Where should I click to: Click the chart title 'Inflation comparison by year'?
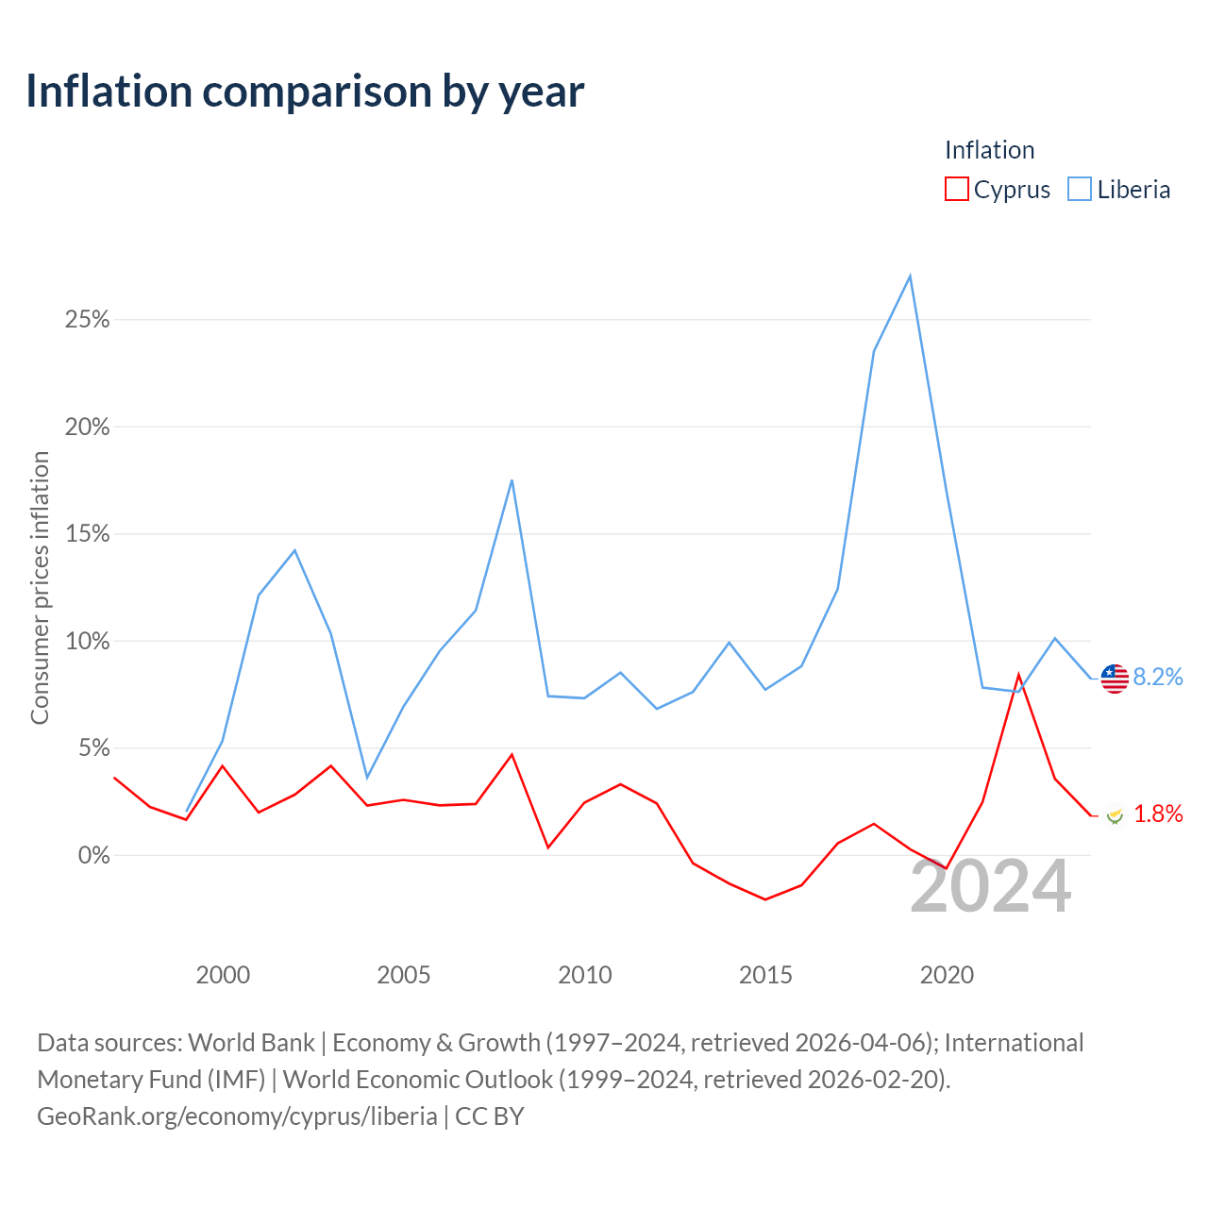point(305,92)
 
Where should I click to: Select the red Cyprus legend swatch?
point(956,189)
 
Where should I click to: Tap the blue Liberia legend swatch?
point(1079,189)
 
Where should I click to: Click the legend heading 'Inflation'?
point(989,150)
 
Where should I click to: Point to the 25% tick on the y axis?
point(87,320)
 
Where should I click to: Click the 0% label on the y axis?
point(94,855)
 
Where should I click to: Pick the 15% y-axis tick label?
point(87,534)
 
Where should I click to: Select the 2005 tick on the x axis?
point(403,975)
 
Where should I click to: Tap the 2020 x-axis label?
point(947,975)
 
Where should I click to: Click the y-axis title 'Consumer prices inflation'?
point(40,587)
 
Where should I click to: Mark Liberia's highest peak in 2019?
point(910,276)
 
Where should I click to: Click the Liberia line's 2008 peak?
point(512,480)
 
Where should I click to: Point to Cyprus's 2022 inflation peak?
point(1018,675)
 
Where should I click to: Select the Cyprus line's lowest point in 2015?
point(765,899)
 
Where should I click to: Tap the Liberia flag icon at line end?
point(1115,679)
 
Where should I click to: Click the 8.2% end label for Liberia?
point(1158,677)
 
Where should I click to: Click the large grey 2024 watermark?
point(991,886)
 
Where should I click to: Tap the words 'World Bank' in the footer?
point(251,1043)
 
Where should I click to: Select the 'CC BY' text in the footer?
point(490,1116)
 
